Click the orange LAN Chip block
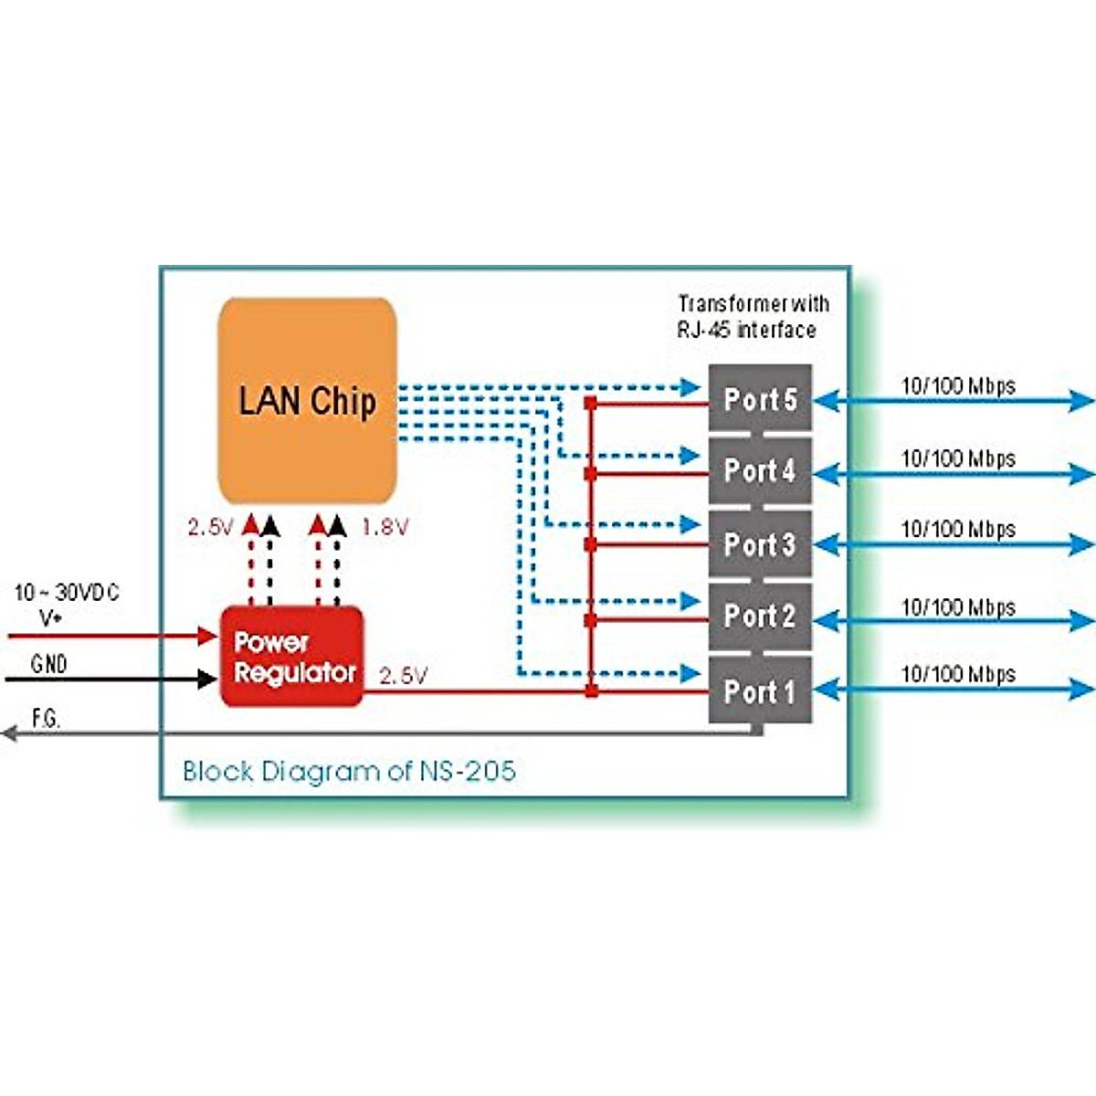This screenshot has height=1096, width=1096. [307, 400]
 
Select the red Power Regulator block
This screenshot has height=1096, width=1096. [292, 657]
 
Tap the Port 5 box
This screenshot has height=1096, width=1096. [760, 399]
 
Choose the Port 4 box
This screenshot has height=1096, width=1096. [760, 471]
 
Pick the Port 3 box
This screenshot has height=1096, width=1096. [760, 544]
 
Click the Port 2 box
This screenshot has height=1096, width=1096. [760, 616]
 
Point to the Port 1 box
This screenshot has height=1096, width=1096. [760, 691]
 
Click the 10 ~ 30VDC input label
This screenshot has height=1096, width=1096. [67, 593]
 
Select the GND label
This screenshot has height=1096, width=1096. [49, 664]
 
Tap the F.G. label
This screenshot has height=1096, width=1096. [46, 719]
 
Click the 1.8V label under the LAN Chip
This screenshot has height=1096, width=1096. [385, 527]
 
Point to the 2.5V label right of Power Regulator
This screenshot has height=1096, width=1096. [403, 676]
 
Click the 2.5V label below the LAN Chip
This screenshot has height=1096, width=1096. [210, 527]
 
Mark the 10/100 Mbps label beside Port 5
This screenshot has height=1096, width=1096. [958, 385]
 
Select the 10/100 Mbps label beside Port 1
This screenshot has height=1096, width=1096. [958, 674]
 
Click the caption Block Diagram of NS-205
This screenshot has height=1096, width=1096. [349, 771]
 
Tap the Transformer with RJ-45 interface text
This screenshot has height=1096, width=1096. [753, 316]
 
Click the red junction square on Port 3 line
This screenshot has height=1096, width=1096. [591, 545]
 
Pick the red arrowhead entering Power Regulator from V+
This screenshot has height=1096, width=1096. [209, 636]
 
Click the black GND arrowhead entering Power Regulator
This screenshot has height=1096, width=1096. [209, 679]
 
